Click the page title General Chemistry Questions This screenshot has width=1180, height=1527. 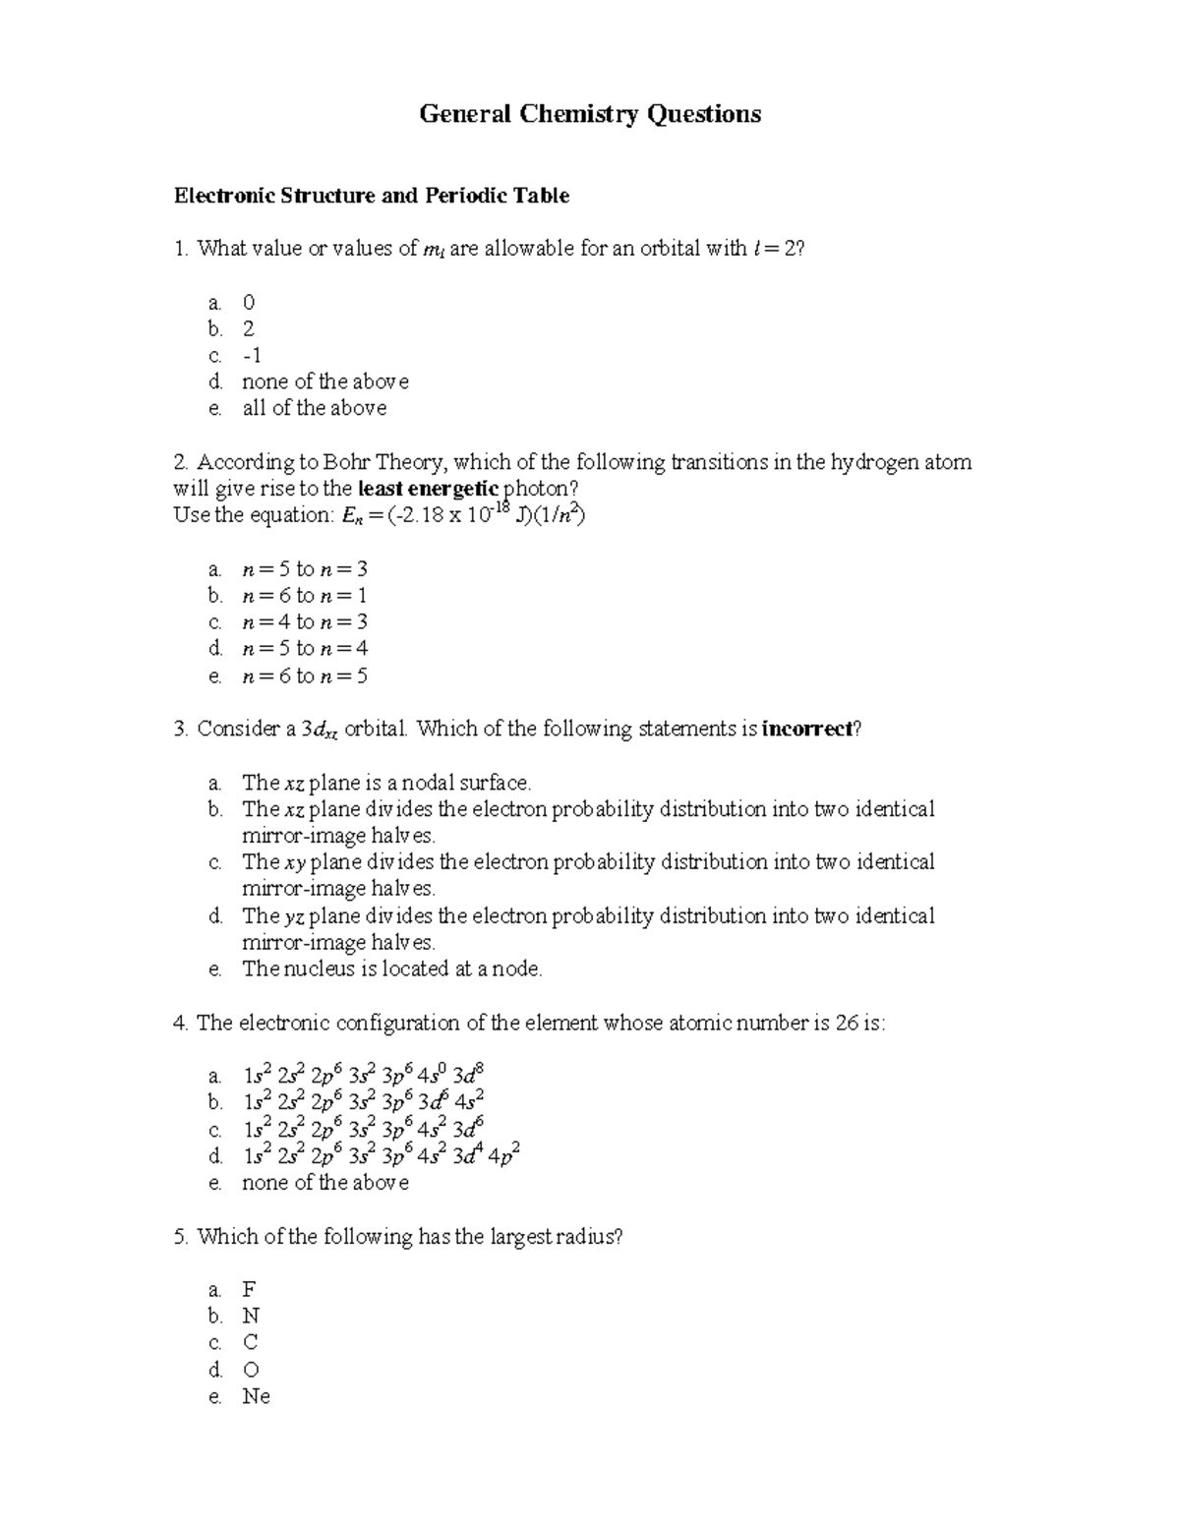pyautogui.click(x=590, y=115)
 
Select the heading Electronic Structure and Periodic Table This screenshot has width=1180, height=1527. pyautogui.click(x=371, y=196)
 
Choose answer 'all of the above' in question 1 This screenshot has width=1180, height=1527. pyautogui.click(x=314, y=408)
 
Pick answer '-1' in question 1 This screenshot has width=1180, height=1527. pyautogui.click(x=252, y=355)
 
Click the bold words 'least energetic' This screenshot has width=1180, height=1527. pyautogui.click(x=429, y=489)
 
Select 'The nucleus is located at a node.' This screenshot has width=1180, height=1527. pyautogui.click(x=391, y=969)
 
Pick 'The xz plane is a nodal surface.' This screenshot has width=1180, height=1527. pyautogui.click(x=385, y=784)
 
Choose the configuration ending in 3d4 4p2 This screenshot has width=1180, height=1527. pyautogui.click(x=381, y=1155)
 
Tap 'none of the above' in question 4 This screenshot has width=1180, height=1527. pyautogui.click(x=324, y=1183)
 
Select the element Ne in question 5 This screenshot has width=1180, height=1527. pyautogui.click(x=256, y=1396)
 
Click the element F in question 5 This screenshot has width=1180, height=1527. pyautogui.click(x=249, y=1289)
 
